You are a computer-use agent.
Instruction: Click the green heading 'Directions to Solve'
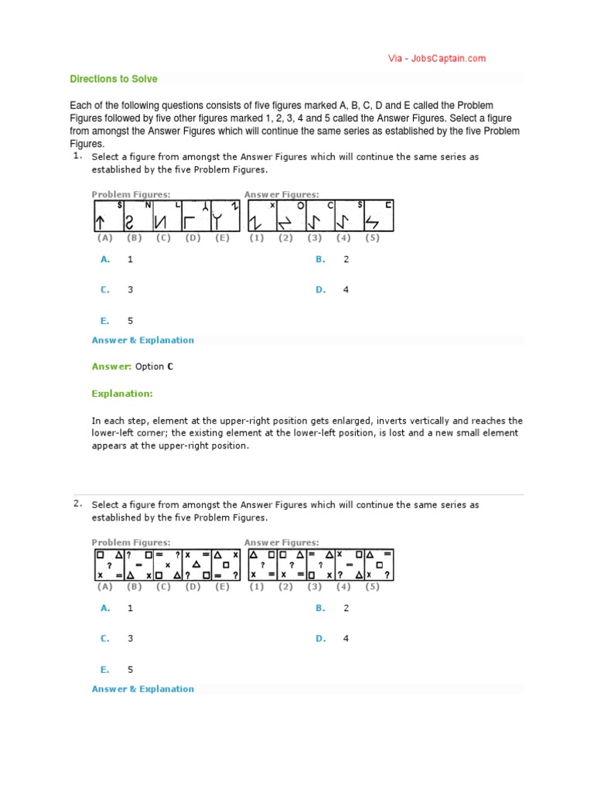click(114, 79)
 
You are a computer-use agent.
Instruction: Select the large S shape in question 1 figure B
click(130, 222)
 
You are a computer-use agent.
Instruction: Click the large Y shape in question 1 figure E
click(220, 222)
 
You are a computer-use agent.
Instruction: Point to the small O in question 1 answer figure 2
click(300, 206)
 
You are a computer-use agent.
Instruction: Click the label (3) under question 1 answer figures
click(315, 238)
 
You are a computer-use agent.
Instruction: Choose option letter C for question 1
click(104, 290)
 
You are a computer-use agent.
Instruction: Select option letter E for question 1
click(104, 320)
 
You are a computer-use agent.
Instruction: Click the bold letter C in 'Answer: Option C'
click(170, 367)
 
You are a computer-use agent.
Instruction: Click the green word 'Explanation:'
click(122, 394)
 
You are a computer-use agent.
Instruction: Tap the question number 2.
click(78, 504)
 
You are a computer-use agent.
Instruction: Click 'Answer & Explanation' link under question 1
click(143, 340)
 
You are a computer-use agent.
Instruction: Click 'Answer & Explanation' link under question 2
click(143, 689)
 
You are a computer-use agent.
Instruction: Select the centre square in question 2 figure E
click(226, 565)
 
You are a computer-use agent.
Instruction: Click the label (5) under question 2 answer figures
click(373, 587)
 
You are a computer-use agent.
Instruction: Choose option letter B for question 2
click(319, 609)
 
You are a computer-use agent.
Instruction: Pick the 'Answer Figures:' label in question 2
click(282, 543)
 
